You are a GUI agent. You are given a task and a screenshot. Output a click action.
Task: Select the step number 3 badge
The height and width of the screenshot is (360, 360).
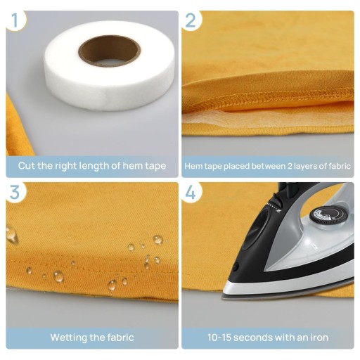[15, 193]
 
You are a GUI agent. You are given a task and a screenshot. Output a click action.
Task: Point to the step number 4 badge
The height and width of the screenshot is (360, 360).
[191, 193]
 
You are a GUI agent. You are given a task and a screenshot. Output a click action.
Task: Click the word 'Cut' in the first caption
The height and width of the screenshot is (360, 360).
[27, 166]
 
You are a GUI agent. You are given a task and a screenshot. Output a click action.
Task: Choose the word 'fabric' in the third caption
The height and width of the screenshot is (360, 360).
[120, 337]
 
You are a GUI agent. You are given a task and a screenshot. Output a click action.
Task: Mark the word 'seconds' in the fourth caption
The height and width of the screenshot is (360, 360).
[252, 337]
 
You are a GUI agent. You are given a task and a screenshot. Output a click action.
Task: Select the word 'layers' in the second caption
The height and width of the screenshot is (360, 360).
[305, 167]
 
